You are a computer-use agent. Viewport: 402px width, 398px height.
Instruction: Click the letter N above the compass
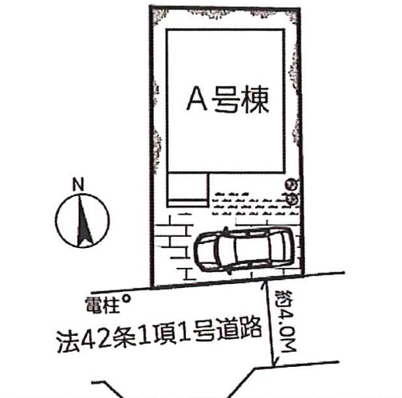78,184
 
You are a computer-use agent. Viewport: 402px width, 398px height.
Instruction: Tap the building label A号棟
228,99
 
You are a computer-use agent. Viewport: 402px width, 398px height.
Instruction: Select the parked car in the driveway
245,250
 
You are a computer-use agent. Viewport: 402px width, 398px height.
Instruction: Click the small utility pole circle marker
127,299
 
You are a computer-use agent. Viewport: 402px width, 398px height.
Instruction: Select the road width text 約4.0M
285,321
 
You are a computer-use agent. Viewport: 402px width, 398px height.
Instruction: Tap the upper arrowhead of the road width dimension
264,282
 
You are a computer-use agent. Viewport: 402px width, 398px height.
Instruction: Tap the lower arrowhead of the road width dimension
274,365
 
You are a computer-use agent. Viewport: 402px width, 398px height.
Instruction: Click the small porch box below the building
187,186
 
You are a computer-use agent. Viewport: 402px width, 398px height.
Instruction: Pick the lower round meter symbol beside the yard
293,199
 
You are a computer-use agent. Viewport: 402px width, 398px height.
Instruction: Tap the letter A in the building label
197,99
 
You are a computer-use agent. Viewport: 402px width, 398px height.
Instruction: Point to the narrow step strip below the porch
187,203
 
